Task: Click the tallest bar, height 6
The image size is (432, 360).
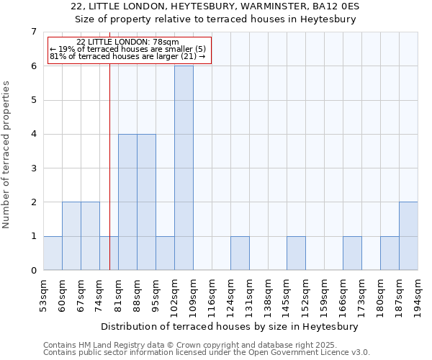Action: click(184, 168)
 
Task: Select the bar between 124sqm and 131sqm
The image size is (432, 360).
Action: click(240, 253)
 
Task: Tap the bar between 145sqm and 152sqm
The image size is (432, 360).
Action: click(296, 253)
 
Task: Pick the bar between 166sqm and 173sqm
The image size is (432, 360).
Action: click(352, 253)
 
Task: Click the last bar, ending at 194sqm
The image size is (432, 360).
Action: click(408, 236)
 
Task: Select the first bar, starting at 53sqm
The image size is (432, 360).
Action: click(53, 253)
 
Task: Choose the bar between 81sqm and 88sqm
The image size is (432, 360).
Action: click(127, 202)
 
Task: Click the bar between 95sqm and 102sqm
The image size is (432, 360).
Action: click(165, 253)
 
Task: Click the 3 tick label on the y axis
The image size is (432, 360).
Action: click(33, 168)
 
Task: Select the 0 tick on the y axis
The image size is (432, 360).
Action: click(33, 271)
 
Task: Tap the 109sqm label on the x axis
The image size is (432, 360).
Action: click(193, 294)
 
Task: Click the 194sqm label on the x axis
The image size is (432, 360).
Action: click(418, 294)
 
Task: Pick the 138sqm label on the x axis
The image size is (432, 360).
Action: click(268, 294)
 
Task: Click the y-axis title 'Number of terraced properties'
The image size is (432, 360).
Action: click(7, 154)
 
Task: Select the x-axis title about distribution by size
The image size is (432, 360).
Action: click(230, 326)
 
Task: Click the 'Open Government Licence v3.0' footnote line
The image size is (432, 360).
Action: click(207, 353)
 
